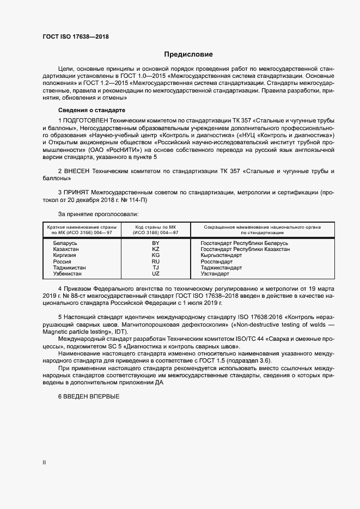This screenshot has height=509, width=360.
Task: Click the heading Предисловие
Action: (x=188, y=54)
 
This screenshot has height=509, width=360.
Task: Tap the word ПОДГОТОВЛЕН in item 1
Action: (x=85, y=119)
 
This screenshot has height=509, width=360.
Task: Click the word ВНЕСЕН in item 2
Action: (x=77, y=171)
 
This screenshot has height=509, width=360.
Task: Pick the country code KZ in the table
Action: (x=156, y=249)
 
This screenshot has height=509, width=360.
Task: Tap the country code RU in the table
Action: (x=156, y=261)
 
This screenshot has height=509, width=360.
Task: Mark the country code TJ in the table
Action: (x=156, y=268)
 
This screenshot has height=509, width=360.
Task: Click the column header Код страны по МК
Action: (x=156, y=226)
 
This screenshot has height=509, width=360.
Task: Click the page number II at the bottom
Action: (x=45, y=463)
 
